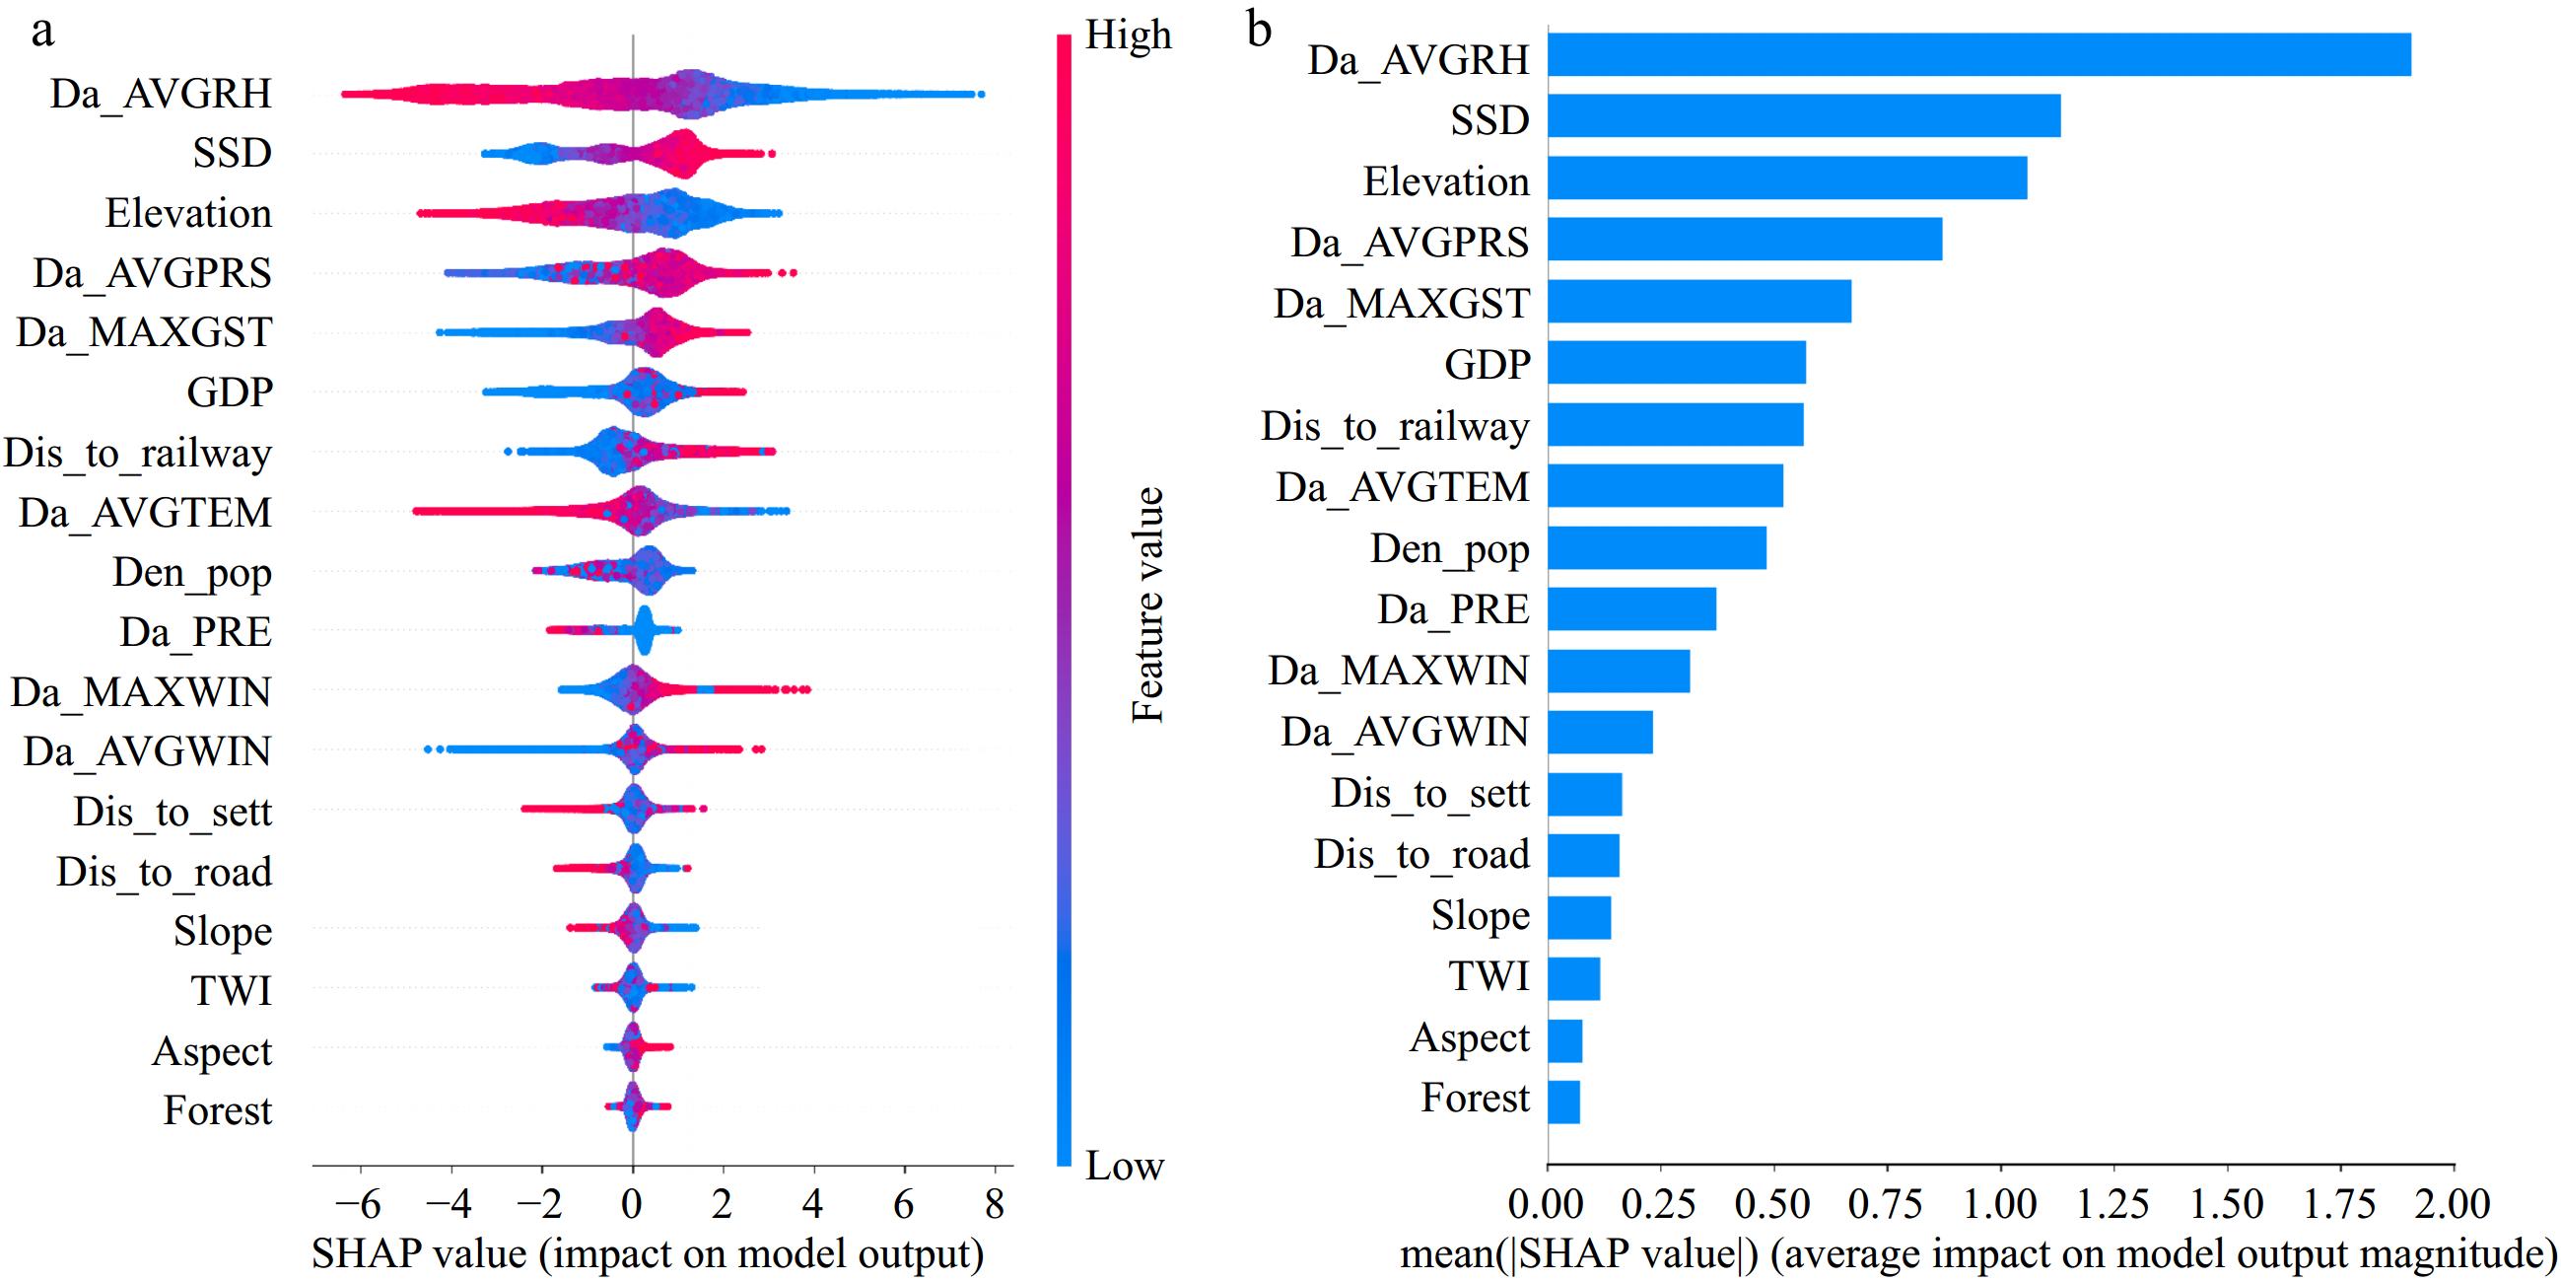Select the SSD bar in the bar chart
(1803, 115)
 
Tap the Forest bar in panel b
(1563, 1102)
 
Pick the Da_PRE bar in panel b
(1631, 608)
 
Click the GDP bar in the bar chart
(1676, 362)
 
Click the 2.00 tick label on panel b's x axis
(2454, 1204)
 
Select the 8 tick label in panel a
(995, 1204)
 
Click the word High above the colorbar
(1128, 35)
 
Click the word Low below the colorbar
(1125, 1166)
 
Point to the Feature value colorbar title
(1147, 605)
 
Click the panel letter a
(41, 30)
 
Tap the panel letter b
(1259, 30)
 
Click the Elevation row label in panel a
(188, 213)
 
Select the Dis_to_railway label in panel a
(137, 453)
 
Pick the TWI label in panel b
(1488, 975)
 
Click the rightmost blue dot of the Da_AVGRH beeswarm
(980, 95)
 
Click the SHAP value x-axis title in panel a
(648, 1254)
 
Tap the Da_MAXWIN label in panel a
(140, 691)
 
